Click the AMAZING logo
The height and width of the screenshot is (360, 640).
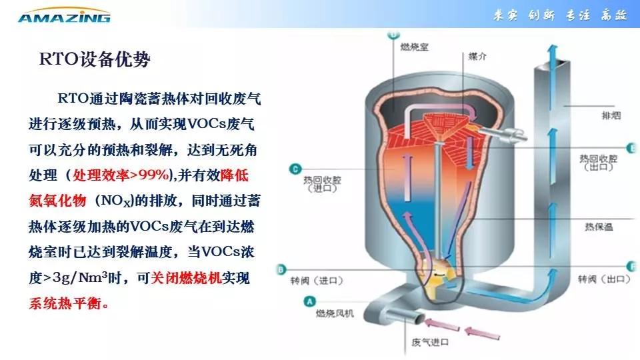click(64, 16)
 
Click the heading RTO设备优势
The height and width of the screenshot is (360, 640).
click(95, 60)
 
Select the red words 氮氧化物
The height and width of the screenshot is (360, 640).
click(58, 201)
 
